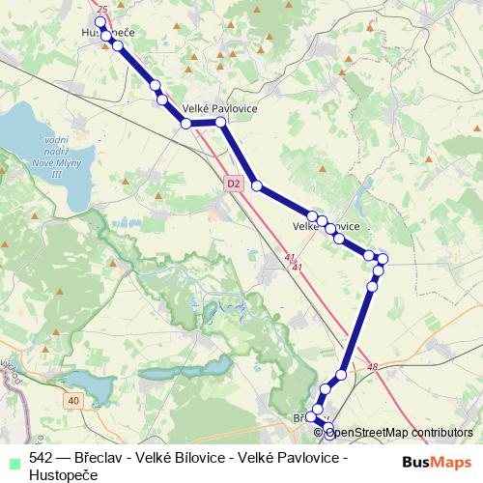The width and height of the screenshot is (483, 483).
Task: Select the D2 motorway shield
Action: tap(233, 182)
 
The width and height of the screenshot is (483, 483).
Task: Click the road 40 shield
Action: tap(74, 398)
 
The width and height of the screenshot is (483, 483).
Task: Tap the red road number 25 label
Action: tap(103, 8)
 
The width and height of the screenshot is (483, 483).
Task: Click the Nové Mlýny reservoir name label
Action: tap(54, 155)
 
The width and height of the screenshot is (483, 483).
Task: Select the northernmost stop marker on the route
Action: tap(105, 35)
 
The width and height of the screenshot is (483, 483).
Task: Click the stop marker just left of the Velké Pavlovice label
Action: tap(185, 123)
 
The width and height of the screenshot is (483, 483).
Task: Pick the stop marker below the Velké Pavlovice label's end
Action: tap(221, 123)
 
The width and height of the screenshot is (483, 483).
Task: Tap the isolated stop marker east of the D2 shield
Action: tap(256, 185)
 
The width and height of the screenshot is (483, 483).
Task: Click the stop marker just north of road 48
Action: tap(341, 375)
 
